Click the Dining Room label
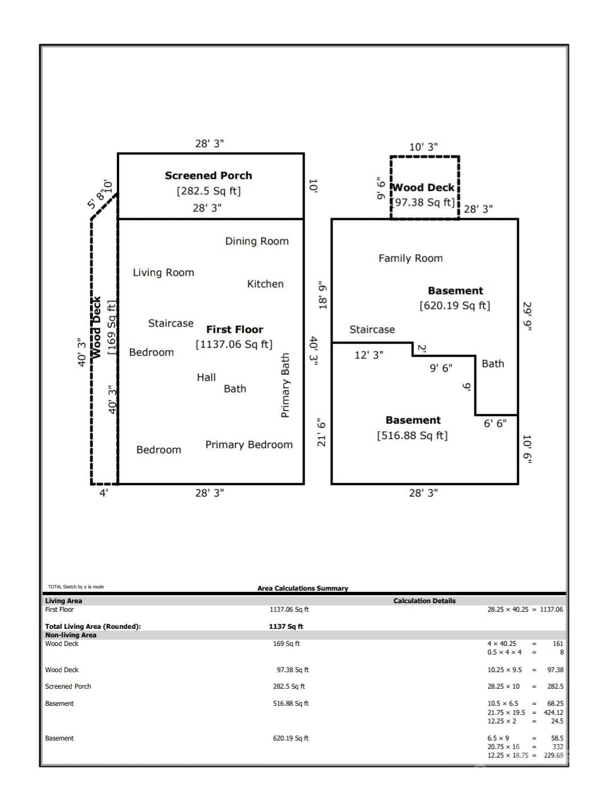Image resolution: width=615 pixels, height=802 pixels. click(256, 241)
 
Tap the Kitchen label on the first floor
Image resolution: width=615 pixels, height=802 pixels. click(265, 284)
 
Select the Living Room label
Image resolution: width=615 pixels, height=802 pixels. click(163, 272)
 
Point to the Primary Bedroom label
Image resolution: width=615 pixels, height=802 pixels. click(249, 445)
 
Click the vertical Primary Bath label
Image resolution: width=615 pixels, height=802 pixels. click(285, 386)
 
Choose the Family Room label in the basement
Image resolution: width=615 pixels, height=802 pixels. click(411, 258)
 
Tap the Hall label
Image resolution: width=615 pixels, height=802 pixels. click(206, 377)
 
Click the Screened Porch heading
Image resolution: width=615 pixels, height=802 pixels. click(208, 175)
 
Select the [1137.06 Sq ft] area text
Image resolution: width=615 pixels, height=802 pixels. click(234, 344)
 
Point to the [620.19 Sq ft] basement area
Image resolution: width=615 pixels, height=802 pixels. click(454, 305)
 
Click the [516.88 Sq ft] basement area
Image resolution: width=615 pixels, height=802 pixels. click(412, 435)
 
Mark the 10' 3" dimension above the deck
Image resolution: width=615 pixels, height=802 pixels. click(424, 147)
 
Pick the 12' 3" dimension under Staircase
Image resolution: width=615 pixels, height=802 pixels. click(369, 355)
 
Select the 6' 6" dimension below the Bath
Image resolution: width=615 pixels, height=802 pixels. click(495, 423)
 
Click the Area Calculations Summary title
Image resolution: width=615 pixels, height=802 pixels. click(302, 588)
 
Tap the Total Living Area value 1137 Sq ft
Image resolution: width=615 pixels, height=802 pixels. click(286, 627)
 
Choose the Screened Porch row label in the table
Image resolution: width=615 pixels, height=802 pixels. click(68, 686)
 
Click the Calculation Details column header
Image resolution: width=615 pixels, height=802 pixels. click(424, 601)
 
